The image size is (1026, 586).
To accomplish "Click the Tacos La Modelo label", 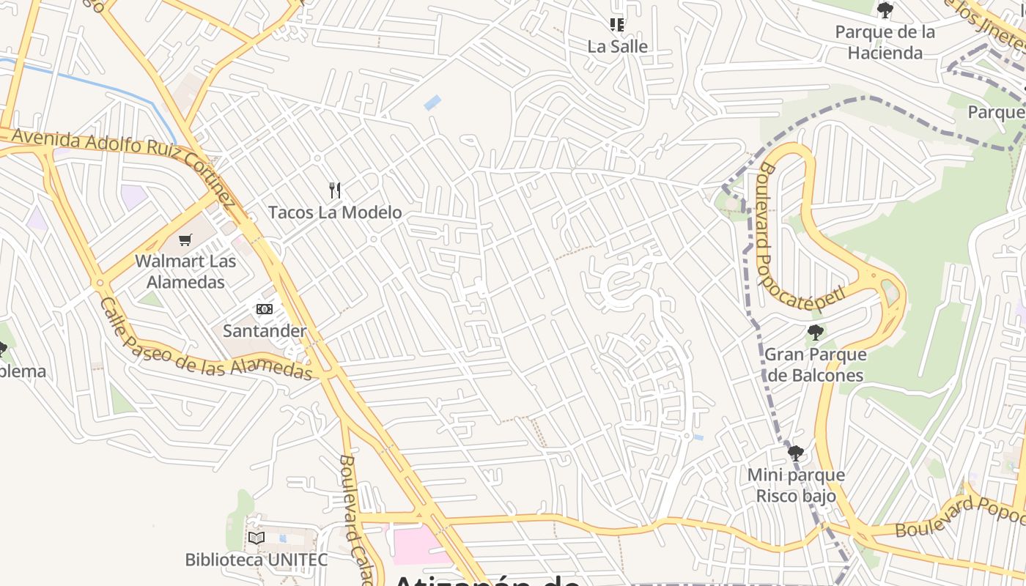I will coord(335,212).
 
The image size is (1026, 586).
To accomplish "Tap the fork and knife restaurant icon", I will coord(335,190).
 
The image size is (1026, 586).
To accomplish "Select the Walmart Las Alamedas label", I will coord(185,271).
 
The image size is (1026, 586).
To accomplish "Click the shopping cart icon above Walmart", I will coord(185,240).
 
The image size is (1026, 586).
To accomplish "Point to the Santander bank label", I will coord(265,330).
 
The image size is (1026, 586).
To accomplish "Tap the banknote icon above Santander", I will coord(265,309).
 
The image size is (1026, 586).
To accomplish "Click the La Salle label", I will coord(618,46).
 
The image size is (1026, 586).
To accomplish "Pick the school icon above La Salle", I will coord(617,25).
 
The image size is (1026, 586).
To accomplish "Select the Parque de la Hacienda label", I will coord(885,42).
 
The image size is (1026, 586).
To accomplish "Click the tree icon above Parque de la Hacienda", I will coord(885,10).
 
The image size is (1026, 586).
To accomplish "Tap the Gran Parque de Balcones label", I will coord(815,365).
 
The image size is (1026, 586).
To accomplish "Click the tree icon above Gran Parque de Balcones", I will coord(815,333).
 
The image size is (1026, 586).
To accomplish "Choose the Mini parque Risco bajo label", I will coord(796,485).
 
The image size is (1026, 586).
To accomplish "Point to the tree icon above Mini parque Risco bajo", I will coord(796,453).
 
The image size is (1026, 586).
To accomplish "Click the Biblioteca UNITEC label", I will coord(256,560).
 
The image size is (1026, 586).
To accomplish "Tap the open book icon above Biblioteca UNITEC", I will coord(256,538).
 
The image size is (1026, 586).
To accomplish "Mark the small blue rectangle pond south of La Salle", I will coord(433,103).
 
